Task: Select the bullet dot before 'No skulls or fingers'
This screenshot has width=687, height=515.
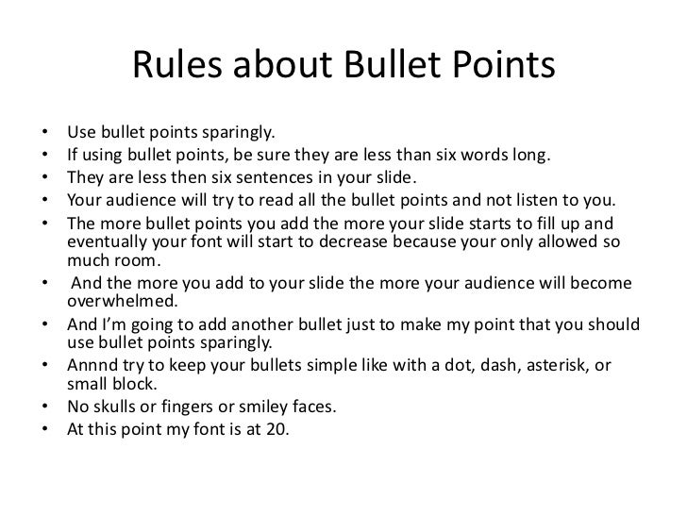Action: pos(45,408)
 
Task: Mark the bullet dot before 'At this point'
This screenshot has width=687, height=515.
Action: pos(45,430)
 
